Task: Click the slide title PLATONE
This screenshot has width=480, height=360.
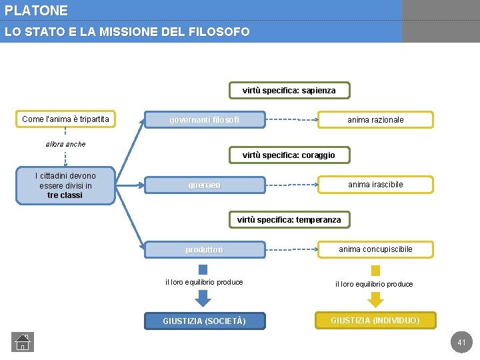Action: [36, 11]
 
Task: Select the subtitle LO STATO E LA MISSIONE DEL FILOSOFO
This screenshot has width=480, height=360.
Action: [127, 32]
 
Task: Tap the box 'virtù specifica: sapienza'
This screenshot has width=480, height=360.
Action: [289, 91]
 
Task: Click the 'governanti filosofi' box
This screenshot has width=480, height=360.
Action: [205, 120]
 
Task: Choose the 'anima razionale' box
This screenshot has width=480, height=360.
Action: [375, 120]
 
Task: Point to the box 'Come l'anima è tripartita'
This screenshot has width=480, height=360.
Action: [65, 119]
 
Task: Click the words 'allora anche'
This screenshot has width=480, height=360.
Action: [65, 144]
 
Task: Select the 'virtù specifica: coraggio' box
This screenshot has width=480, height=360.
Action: [289, 155]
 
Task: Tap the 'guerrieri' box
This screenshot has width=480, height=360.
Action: [205, 185]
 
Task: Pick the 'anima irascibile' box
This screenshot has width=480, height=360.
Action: [375, 185]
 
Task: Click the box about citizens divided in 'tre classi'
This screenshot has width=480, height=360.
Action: [65, 185]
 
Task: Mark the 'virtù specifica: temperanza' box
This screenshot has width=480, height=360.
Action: [289, 220]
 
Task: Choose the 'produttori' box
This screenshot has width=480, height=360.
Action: [205, 249]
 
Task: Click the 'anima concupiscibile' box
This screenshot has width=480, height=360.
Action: [375, 249]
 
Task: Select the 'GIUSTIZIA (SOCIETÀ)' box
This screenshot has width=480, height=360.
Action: [204, 321]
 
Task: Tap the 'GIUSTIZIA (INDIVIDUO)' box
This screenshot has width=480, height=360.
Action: [375, 321]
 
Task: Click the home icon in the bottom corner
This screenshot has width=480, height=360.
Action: [23, 342]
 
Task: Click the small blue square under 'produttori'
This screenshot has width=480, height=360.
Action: [203, 269]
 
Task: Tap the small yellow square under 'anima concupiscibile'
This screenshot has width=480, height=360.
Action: [375, 270]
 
